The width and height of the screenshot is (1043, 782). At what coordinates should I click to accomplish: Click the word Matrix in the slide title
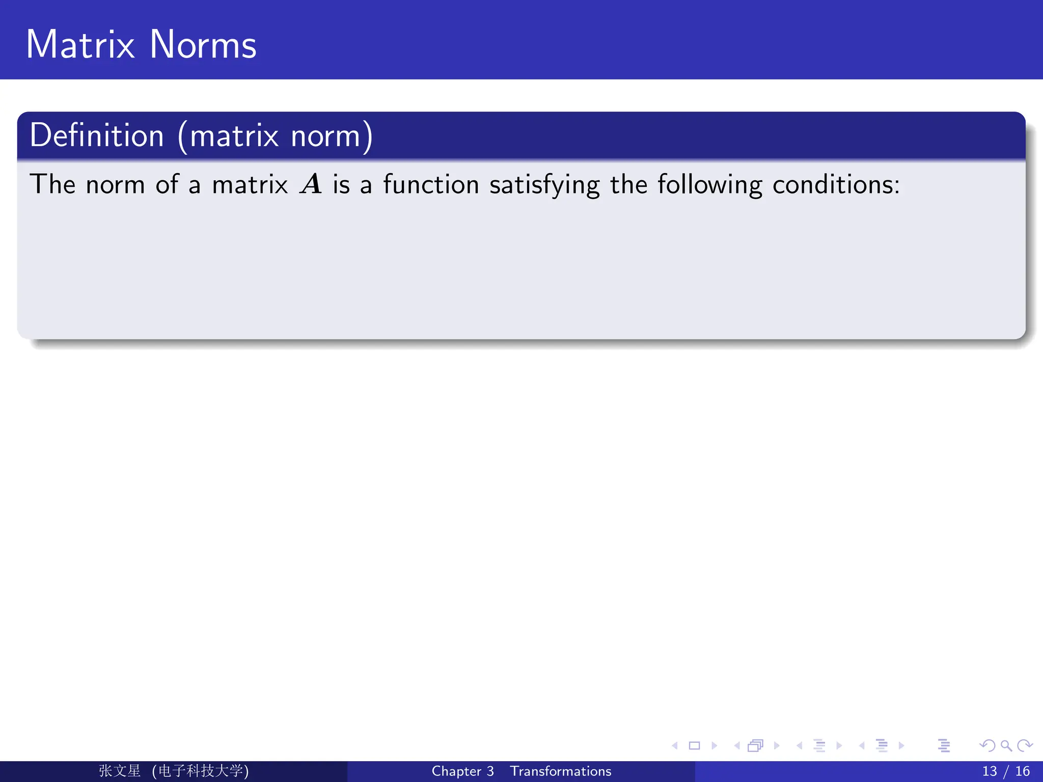[x=80, y=45]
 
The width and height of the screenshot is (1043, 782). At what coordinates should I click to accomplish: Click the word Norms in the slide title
[x=203, y=45]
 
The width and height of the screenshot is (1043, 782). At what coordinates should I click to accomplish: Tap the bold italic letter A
[x=311, y=184]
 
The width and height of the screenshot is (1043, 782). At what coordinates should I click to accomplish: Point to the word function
[x=431, y=184]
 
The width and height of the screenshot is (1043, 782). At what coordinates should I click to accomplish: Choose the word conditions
[x=836, y=184]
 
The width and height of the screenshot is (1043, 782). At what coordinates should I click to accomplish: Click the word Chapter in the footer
[x=456, y=771]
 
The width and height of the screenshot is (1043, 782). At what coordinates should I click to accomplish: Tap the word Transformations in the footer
[x=561, y=771]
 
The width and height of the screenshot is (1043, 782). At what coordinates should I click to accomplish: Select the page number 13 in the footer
[x=990, y=771]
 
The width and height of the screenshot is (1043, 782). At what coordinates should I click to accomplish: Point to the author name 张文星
[x=120, y=771]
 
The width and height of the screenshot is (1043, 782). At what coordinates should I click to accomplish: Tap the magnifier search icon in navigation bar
[x=1006, y=746]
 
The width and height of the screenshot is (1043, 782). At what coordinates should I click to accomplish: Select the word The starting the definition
[x=52, y=184]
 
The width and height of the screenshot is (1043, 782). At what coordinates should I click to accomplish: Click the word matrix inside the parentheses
[x=234, y=136]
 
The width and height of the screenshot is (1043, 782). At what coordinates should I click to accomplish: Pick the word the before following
[x=629, y=184]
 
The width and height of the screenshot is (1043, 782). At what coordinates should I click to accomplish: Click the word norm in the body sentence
[x=115, y=185]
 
